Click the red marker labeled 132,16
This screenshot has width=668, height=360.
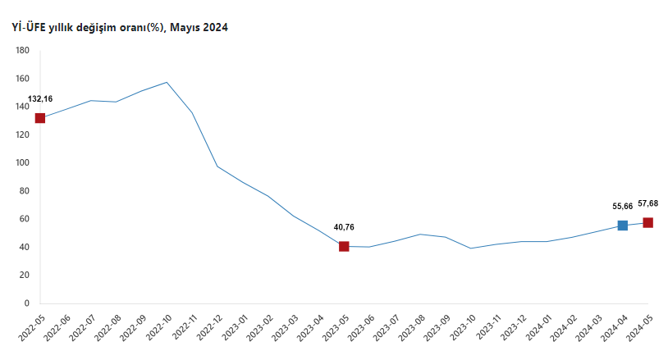pos(40,118)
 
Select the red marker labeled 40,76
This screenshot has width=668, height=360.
pos(344,246)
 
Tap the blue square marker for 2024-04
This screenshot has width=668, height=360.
pos(622,226)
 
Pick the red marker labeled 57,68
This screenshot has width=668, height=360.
pos(647,222)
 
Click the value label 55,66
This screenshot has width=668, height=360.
pos(623,207)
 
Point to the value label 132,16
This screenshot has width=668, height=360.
pos(40,99)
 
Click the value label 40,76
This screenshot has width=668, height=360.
pos(344,227)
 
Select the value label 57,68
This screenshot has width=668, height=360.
pos(648,203)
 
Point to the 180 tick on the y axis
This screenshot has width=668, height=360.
pos(22,51)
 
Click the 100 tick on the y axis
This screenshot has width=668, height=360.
pos(22,163)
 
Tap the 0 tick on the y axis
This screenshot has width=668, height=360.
pos(26,303)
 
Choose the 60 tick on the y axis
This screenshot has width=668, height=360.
pos(25,219)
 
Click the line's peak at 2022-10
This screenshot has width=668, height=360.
pos(167,82)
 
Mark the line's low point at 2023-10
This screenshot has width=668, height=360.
pos(470,248)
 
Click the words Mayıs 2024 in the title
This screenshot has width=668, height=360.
pos(199,28)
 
